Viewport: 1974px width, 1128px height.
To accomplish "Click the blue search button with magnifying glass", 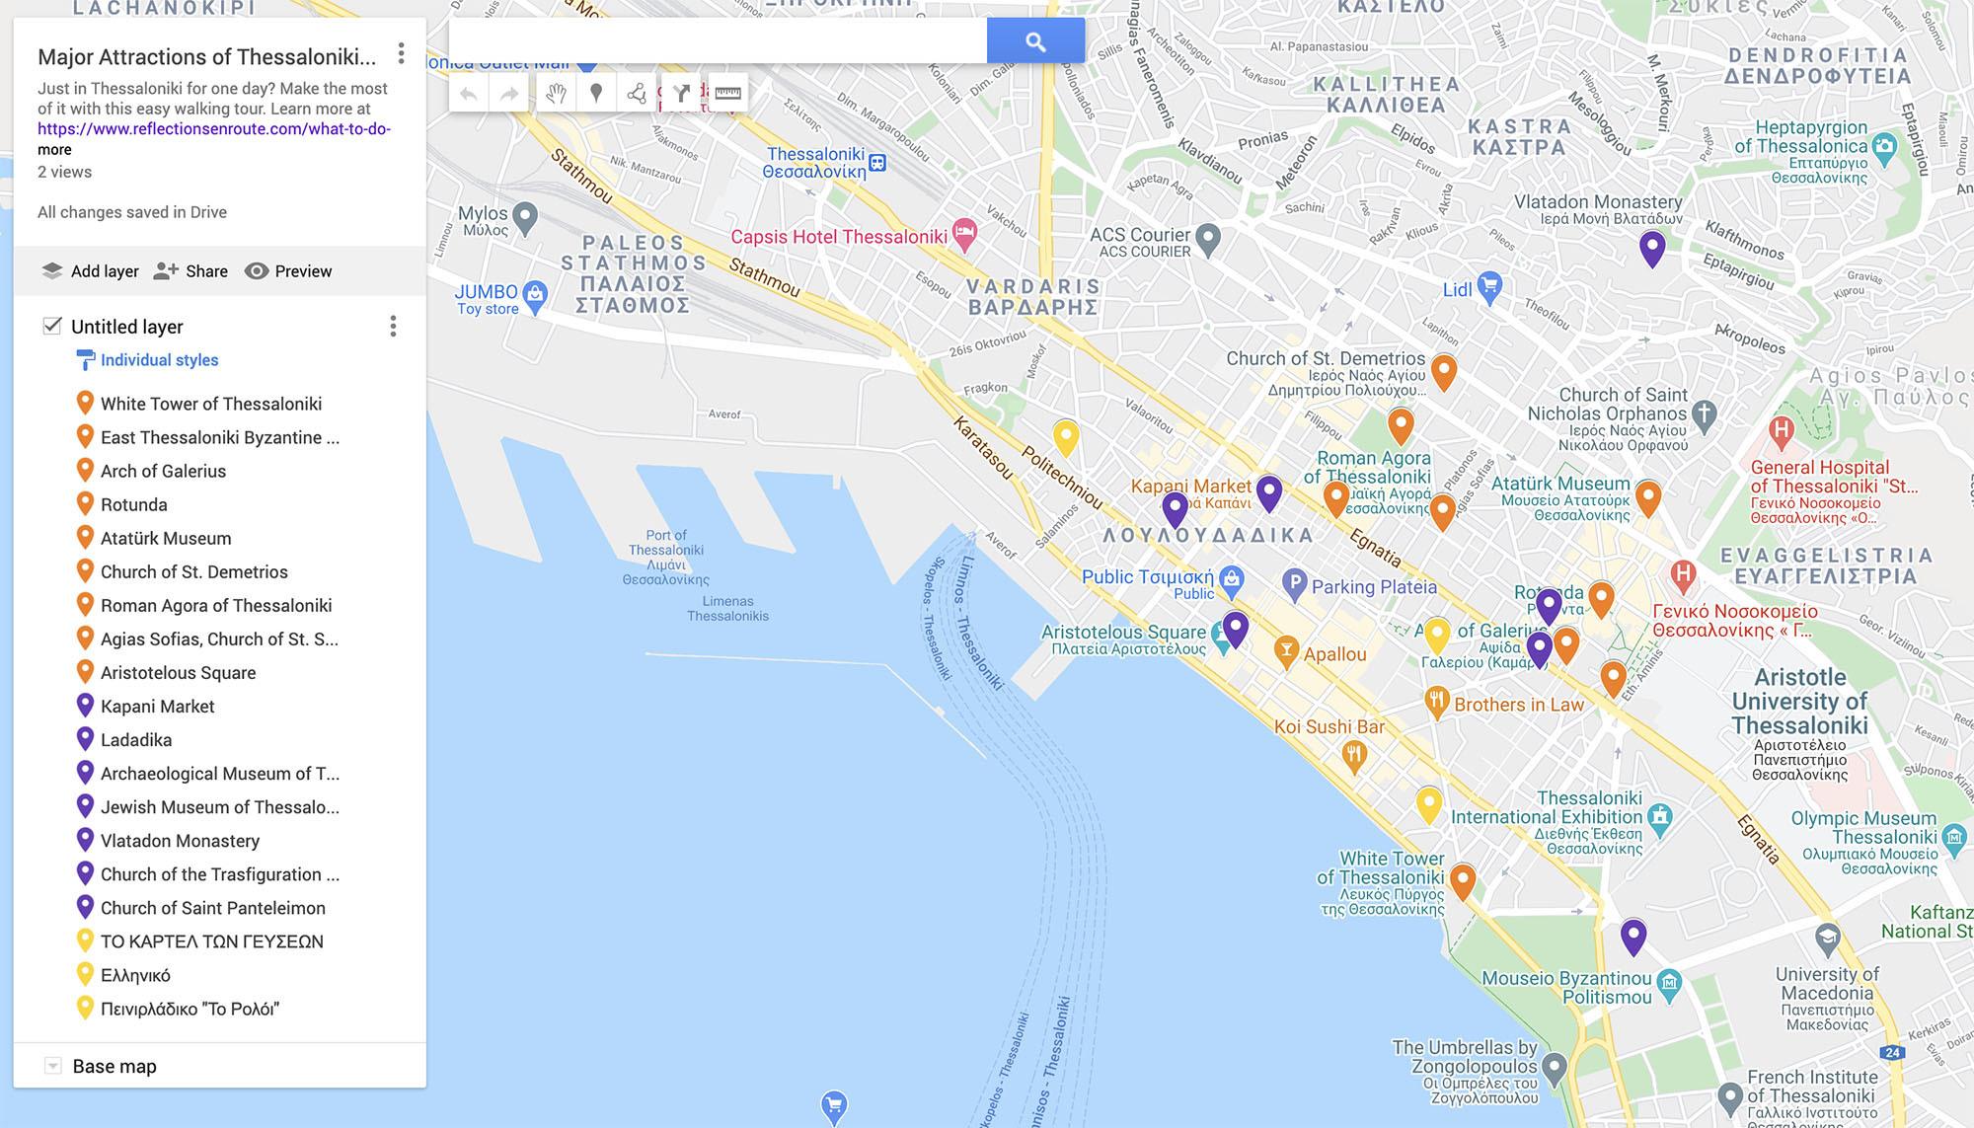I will pyautogui.click(x=1034, y=41).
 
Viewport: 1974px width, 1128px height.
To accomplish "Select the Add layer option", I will pyautogui.click(x=91, y=271).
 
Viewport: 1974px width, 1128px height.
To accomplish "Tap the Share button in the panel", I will pyautogui.click(x=191, y=271).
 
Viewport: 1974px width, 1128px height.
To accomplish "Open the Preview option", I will pyautogui.click(x=288, y=271).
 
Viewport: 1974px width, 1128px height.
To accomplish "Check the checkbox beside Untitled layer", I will pyautogui.click(x=52, y=326).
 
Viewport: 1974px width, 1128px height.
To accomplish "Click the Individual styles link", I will pyautogui.click(x=159, y=360).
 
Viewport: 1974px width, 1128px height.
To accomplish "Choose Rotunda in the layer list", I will pyautogui.click(x=133, y=504).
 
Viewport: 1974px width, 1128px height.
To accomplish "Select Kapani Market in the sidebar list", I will pyautogui.click(x=157, y=707).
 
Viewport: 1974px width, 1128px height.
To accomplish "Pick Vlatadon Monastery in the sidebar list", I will pyautogui.click(x=180, y=841).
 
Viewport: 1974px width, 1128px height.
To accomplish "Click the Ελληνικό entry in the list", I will pyautogui.click(x=135, y=975).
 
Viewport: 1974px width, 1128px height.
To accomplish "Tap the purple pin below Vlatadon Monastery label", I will pyautogui.click(x=1651, y=248).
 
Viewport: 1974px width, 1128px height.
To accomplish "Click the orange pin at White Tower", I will pyautogui.click(x=1462, y=880).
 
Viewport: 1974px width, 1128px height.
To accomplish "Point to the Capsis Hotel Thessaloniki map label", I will pyautogui.click(x=839, y=237).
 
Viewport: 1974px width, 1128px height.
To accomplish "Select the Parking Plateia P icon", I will pyautogui.click(x=1294, y=584).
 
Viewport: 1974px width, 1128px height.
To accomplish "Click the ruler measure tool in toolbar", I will pyautogui.click(x=727, y=93).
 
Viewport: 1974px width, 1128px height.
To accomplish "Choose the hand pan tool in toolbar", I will pyautogui.click(x=557, y=93).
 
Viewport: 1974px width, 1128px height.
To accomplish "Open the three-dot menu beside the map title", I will pyautogui.click(x=401, y=53).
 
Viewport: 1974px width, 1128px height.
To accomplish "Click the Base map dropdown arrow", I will pyautogui.click(x=53, y=1066).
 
